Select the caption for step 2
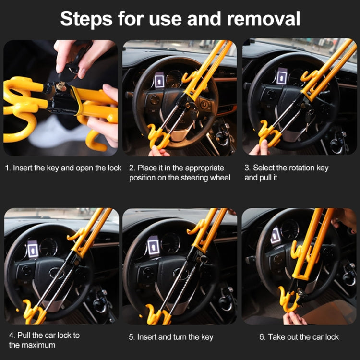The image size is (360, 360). [x=180, y=173]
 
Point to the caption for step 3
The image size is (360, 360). [x=287, y=173]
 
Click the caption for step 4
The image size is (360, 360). [x=44, y=340]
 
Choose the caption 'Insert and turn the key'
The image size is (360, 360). [x=171, y=337]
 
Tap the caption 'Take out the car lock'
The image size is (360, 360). [x=299, y=337]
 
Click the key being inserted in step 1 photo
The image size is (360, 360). [x=61, y=86]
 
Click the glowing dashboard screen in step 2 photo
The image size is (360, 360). [x=159, y=78]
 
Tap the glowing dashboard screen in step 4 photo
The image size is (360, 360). [x=33, y=249]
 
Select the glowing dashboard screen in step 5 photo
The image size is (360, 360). [x=153, y=245]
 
